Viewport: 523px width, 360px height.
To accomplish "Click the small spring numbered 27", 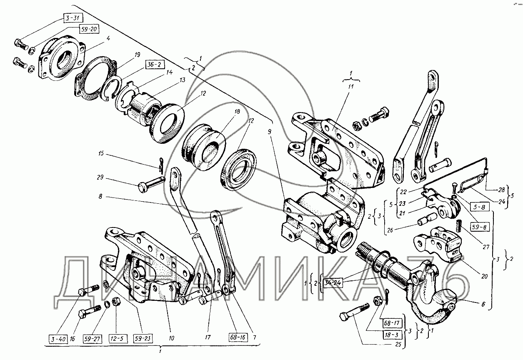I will pyautogui.click(x=460, y=227).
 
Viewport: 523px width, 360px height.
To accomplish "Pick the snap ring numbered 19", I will pyautogui.click(x=111, y=89).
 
